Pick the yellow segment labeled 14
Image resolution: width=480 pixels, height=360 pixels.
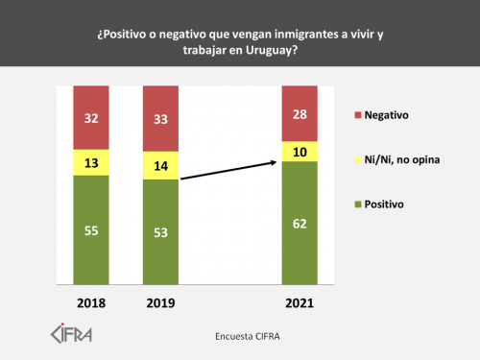[161, 165]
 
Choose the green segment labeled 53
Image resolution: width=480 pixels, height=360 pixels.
[161, 231]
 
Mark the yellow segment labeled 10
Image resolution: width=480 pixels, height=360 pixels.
[299, 151]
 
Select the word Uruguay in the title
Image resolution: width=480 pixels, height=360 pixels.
[268, 50]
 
